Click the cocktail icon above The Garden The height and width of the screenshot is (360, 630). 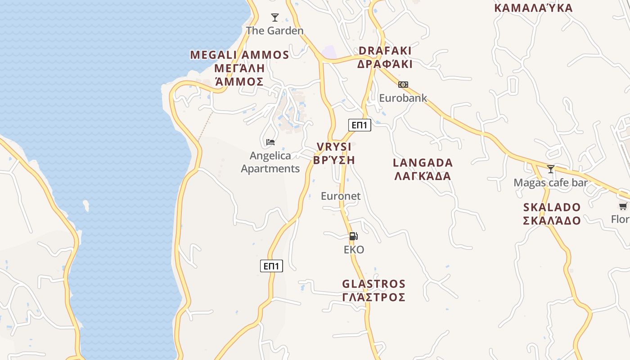(275, 18)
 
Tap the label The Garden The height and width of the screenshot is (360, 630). (274, 31)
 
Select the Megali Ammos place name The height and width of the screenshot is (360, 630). (239, 68)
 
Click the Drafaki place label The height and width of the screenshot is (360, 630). (385, 57)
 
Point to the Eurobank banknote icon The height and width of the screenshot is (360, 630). (403, 85)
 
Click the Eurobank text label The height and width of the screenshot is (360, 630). (403, 98)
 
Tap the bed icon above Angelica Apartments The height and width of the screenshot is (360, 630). (270, 142)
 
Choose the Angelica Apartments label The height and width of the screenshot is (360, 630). (270, 162)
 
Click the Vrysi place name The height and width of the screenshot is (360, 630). (334, 153)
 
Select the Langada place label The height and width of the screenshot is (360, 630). (423, 169)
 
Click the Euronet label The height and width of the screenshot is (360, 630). (341, 196)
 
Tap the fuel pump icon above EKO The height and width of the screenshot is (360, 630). (354, 236)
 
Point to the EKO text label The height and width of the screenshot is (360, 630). (354, 250)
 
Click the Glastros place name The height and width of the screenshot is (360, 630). (373, 291)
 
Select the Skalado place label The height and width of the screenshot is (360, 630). (552, 214)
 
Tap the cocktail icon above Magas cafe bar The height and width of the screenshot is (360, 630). (551, 169)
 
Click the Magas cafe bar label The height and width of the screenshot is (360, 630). (551, 183)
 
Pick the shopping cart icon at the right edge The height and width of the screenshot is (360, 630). (623, 206)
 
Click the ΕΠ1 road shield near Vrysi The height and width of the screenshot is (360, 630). (360, 125)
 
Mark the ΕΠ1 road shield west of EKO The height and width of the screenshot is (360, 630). (271, 266)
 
